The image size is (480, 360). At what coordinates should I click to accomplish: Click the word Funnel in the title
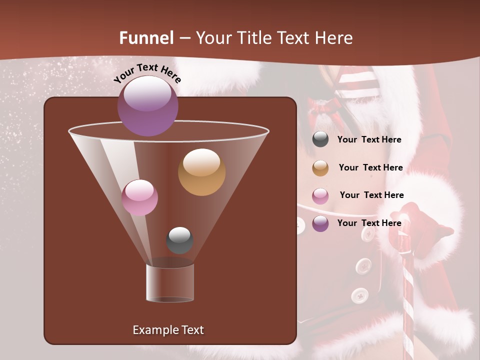(x=146, y=38)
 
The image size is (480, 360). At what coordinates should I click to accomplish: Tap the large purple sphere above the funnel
(x=147, y=105)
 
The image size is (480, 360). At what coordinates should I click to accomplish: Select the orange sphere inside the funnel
(x=201, y=171)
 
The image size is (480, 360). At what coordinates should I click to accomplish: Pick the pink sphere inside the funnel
(x=139, y=197)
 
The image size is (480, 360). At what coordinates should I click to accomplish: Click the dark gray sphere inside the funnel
(x=179, y=240)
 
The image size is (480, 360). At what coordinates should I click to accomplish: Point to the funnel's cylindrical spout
(x=170, y=282)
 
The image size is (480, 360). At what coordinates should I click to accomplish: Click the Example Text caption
(x=168, y=330)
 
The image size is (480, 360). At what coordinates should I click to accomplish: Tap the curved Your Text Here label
(x=147, y=73)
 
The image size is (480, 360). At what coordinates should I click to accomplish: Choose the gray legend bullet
(x=320, y=139)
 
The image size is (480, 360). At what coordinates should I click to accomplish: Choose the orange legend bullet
(x=320, y=168)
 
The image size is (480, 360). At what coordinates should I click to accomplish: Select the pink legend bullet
(x=320, y=196)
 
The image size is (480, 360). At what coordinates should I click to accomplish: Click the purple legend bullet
(x=320, y=223)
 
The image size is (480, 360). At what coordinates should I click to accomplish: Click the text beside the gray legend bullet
(x=369, y=139)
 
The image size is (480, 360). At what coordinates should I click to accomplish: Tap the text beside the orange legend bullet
(x=370, y=167)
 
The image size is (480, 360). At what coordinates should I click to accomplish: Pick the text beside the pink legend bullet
(x=371, y=195)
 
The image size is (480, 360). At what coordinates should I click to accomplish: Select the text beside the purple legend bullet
(x=369, y=223)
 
